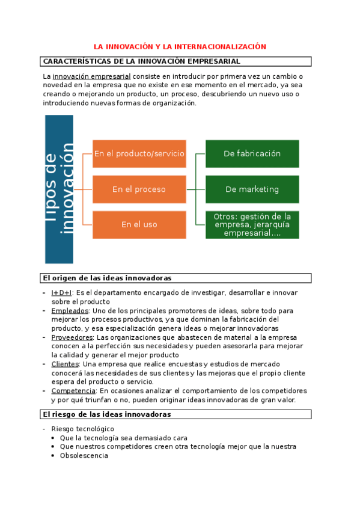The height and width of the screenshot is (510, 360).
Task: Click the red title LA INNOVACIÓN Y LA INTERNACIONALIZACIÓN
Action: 180,46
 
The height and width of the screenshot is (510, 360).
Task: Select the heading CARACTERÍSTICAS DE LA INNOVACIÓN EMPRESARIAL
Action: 142,61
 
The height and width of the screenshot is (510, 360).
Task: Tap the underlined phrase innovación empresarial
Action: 91,77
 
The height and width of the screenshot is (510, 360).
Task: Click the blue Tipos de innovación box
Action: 59,189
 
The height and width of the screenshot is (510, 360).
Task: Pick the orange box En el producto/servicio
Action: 139,154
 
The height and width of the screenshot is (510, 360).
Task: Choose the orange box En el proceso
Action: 139,189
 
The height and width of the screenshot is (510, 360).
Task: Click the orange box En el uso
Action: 139,224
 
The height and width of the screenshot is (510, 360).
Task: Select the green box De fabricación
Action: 252,154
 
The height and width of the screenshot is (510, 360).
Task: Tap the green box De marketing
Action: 252,189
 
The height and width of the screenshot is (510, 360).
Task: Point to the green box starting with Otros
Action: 252,224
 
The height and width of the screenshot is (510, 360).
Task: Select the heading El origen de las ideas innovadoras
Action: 107,278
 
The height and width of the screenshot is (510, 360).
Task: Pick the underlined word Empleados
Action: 70,311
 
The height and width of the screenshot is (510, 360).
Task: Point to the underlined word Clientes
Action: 65,364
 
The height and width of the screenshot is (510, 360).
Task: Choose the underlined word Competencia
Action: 73,391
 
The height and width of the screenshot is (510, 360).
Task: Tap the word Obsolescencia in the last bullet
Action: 84,456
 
